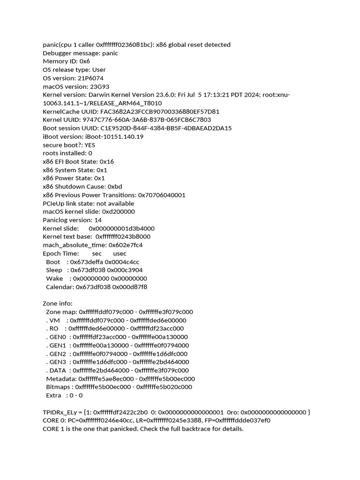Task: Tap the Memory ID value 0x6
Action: point(85,61)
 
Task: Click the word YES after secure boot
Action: point(90,145)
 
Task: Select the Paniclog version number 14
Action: point(98,220)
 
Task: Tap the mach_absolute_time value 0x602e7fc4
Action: point(126,245)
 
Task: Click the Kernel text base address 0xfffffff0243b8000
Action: point(123,237)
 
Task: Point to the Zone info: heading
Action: point(58,304)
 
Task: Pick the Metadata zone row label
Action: point(61,379)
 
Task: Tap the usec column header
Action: point(120,254)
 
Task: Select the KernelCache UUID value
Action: point(153,112)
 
